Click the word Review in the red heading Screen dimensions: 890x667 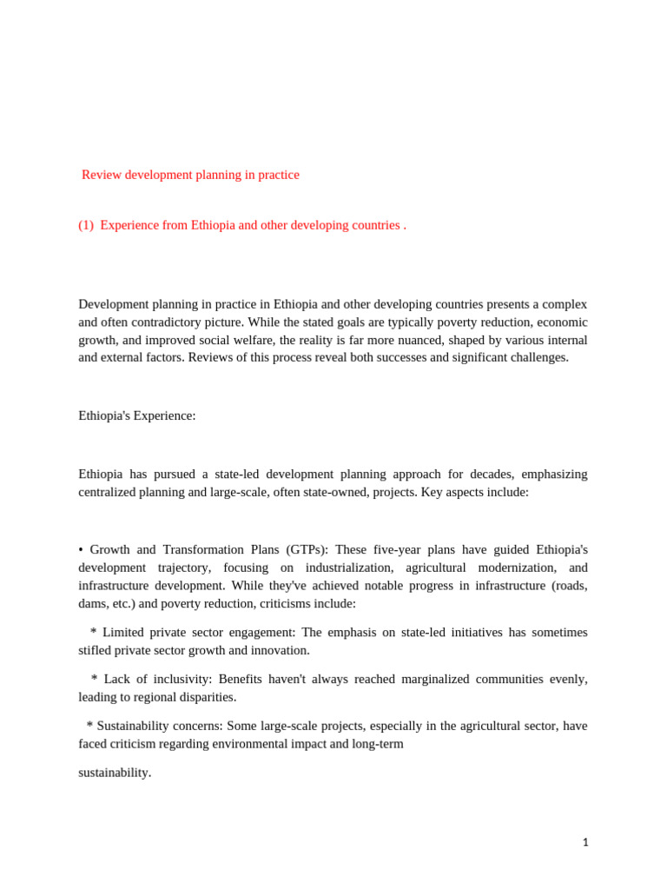click(102, 175)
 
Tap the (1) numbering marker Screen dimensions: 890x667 click(86, 225)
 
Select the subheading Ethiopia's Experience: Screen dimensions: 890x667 click(137, 415)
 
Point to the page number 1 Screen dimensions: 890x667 click(585, 842)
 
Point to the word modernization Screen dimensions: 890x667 click(515, 568)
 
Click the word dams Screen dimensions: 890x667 click(94, 603)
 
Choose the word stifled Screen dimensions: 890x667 click(99, 650)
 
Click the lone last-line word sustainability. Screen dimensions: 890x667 click(115, 773)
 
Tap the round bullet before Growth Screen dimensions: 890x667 click(81, 550)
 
